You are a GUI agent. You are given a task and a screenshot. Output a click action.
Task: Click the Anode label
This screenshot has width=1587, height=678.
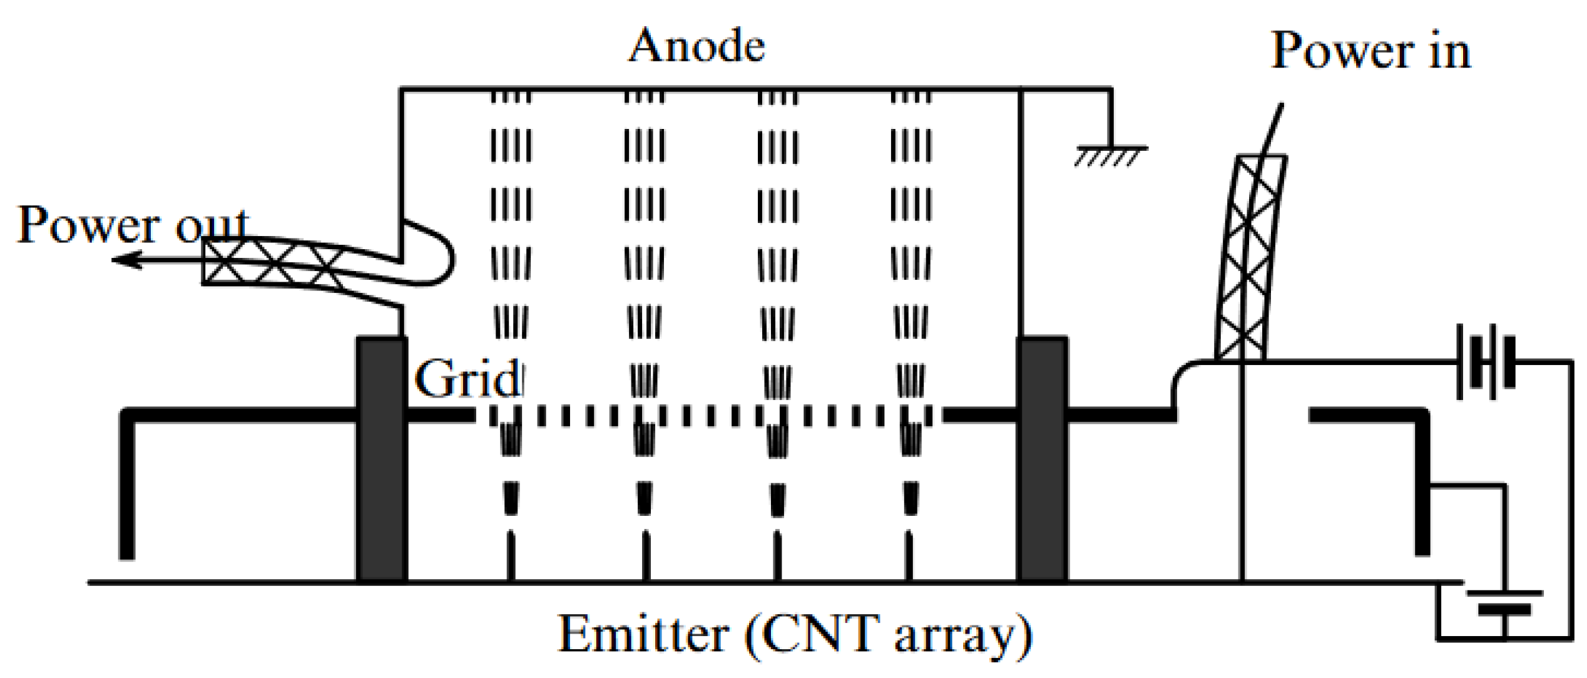point(696,46)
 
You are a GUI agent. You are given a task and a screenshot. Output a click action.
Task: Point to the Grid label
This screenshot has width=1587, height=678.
point(467,379)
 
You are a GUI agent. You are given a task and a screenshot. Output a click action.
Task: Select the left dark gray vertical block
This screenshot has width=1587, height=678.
point(382,460)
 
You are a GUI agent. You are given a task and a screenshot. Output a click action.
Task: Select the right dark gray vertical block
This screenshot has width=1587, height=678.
point(1043,460)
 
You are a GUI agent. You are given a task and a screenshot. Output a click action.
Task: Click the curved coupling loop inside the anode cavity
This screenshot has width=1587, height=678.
point(438,257)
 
